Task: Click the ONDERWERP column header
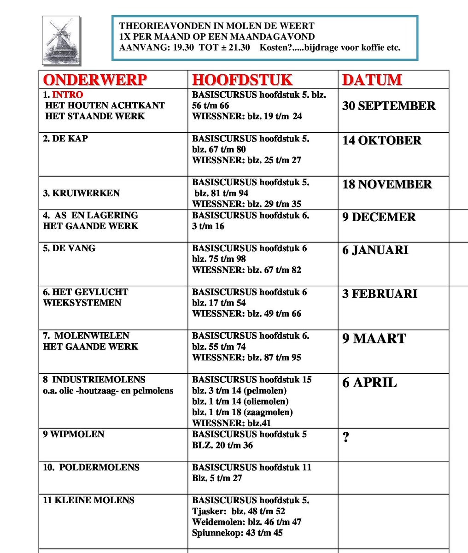[95, 80]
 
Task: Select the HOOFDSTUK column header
[242, 80]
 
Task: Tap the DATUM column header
[372, 80]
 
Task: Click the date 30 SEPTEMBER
[388, 106]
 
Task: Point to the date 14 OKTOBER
[381, 141]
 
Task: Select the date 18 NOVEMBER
[387, 184]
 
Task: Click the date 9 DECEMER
[379, 218]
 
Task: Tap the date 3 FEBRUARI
[380, 294]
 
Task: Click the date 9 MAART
[374, 339]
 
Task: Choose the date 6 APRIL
[369, 383]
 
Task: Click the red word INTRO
[67, 94]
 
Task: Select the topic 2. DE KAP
[65, 138]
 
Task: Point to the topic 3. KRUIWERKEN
[81, 193]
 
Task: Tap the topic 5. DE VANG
[69, 248]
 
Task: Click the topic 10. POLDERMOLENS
[91, 467]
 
